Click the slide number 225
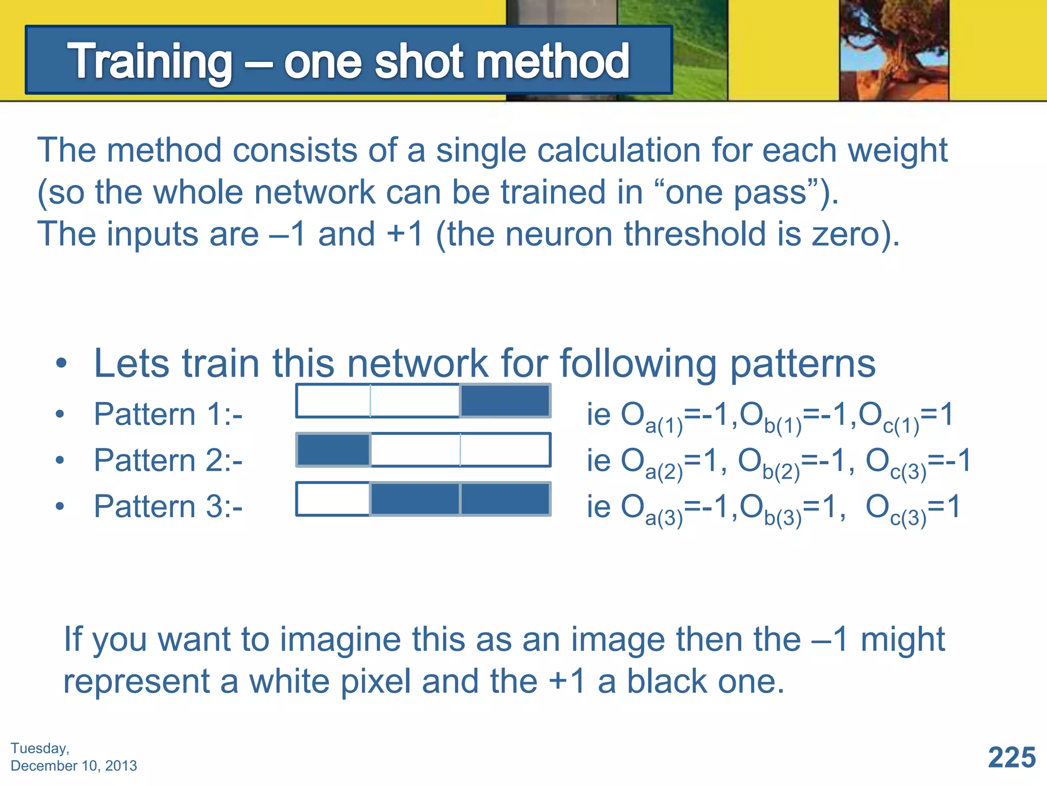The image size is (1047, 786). [x=1012, y=757]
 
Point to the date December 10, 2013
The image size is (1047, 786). [x=74, y=766]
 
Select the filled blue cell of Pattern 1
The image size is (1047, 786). [x=505, y=401]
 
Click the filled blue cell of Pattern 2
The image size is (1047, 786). [x=334, y=450]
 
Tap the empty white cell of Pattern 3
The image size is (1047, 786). [x=333, y=499]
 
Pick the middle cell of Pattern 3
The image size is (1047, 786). [x=415, y=499]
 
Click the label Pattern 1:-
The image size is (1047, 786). [x=168, y=414]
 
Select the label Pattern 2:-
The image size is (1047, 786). [x=168, y=460]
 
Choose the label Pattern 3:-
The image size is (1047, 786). [x=168, y=506]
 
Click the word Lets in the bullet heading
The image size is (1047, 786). [x=131, y=363]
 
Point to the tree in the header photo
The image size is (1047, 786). [x=894, y=46]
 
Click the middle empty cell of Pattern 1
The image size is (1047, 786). [x=415, y=401]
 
